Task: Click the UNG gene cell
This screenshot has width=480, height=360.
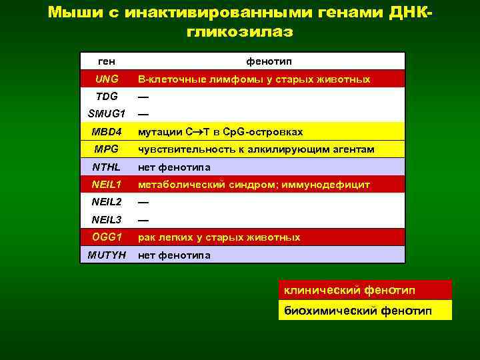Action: [107, 79]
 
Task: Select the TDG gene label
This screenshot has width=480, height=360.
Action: [107, 97]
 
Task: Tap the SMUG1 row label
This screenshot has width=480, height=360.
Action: [107, 114]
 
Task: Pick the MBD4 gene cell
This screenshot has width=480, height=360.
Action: [107, 131]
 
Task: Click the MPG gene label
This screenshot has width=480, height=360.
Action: [107, 149]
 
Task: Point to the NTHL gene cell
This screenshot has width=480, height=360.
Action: [107, 167]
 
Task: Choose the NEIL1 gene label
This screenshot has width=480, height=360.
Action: [107, 184]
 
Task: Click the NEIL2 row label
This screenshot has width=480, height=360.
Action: [107, 202]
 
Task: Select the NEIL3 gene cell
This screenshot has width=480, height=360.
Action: [107, 219]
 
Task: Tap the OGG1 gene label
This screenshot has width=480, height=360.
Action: [107, 237]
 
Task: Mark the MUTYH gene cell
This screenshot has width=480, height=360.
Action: [107, 255]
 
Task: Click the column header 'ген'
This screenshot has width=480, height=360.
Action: [107, 61]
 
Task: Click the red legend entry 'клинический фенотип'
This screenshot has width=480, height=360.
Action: [349, 291]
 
